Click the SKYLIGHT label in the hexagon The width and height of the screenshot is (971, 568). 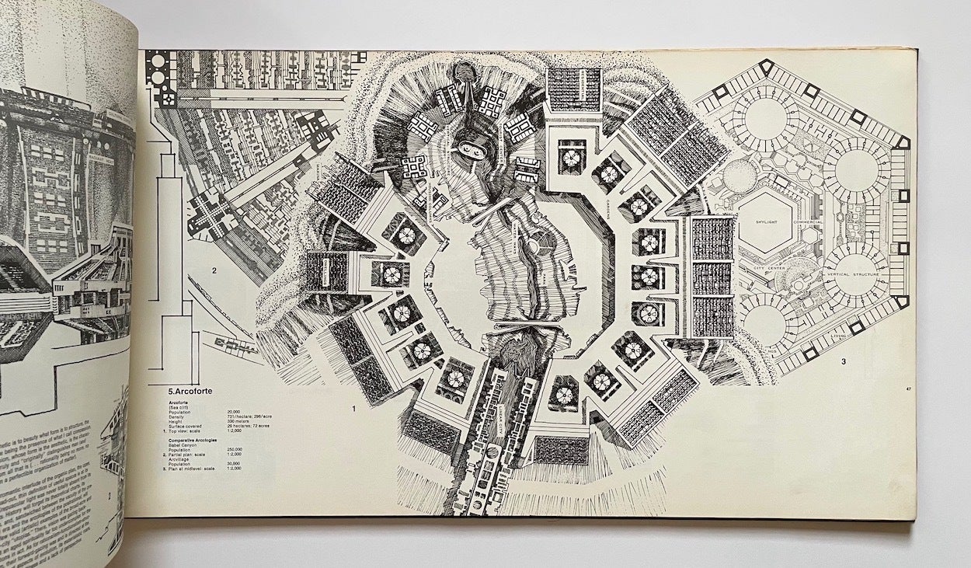tap(766, 221)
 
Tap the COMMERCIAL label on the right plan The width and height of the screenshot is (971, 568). tap(809, 222)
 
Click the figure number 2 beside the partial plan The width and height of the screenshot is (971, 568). tap(212, 271)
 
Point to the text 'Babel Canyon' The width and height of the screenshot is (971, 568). tap(184, 444)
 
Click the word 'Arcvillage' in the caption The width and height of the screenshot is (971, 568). tap(179, 458)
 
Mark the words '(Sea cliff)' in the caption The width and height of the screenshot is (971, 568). tap(180, 406)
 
